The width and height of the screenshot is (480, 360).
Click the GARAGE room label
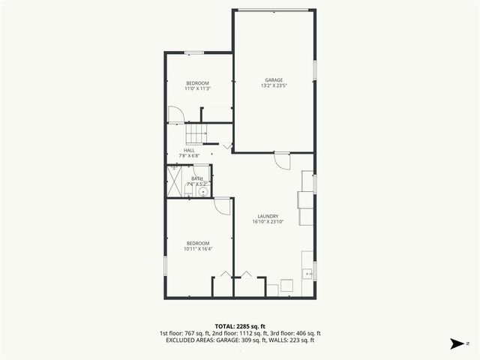click(273, 79)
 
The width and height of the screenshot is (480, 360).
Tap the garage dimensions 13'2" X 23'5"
click(273, 85)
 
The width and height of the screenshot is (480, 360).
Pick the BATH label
click(196, 178)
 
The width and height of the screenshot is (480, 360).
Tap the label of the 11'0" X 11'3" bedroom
click(197, 82)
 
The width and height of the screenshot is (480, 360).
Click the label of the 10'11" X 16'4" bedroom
click(197, 243)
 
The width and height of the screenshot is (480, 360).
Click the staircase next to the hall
click(196, 133)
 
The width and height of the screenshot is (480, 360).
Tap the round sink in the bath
click(202, 192)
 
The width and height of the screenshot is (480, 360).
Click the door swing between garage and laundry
click(282, 160)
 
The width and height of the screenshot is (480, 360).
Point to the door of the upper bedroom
click(175, 115)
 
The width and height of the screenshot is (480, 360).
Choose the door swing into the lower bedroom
click(222, 205)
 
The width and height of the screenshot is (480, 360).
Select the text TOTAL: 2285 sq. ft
click(240, 326)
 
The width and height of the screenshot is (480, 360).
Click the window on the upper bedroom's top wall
click(194, 52)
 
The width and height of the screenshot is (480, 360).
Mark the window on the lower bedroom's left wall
click(165, 265)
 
